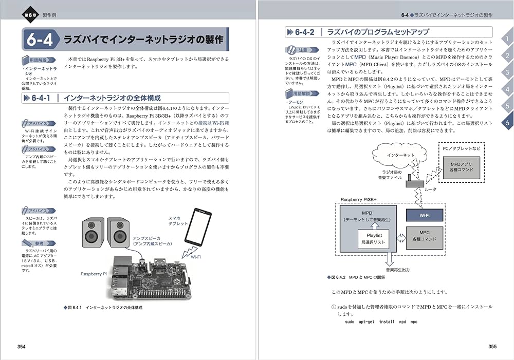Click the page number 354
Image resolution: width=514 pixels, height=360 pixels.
click(x=21, y=347)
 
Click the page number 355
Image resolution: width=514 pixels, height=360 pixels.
click(x=492, y=347)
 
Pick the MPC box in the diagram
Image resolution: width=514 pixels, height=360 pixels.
click(x=425, y=236)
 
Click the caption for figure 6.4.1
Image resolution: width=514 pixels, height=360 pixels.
click(x=103, y=307)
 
